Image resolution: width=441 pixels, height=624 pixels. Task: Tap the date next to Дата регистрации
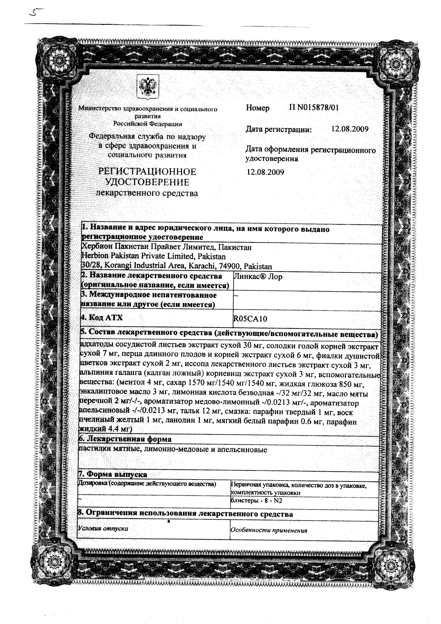coord(350,129)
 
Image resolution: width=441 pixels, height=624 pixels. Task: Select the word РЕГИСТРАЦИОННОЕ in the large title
coord(147,172)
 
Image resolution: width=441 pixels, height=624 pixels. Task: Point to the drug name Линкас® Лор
coord(258,277)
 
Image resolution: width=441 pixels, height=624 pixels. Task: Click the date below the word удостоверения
coord(265,172)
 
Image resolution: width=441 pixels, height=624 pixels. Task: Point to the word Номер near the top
coord(257,108)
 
